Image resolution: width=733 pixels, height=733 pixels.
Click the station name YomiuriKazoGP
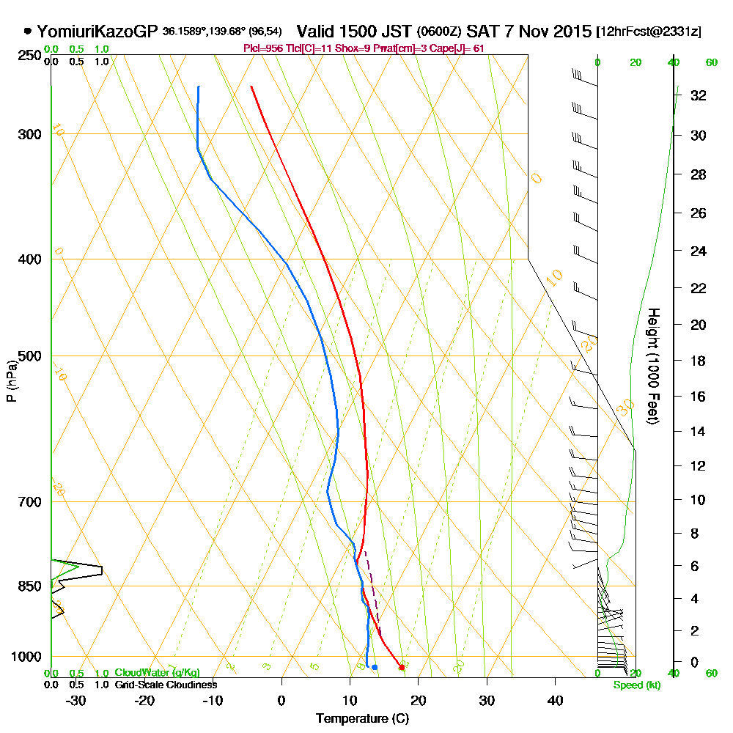click(97, 32)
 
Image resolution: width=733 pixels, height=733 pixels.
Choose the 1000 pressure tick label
click(28, 657)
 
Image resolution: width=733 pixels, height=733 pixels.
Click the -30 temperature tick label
click(76, 700)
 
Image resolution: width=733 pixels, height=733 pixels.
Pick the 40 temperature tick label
click(556, 700)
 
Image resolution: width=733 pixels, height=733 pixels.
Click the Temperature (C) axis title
click(362, 718)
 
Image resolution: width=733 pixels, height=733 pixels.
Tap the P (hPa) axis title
click(11, 380)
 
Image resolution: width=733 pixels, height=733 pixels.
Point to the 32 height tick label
click(698, 95)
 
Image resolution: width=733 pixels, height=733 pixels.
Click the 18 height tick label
click(698, 361)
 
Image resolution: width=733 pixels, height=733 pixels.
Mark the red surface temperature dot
click(401, 667)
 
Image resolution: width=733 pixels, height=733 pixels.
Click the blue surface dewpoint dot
click(375, 667)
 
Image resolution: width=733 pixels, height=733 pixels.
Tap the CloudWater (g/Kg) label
click(157, 673)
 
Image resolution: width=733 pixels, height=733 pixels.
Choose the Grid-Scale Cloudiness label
click(165, 685)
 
